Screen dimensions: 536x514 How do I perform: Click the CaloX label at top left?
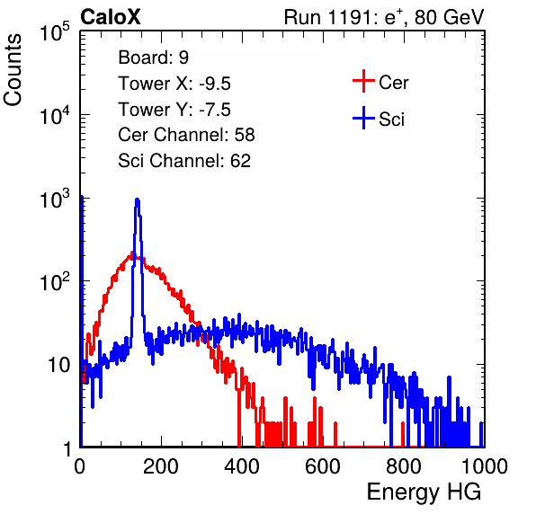tap(110, 17)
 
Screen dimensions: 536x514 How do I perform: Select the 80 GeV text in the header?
tap(449, 17)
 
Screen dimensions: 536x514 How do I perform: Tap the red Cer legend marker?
tap(363, 81)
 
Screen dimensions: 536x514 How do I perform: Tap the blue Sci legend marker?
tap(363, 118)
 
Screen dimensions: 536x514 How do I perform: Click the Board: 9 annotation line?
tap(153, 58)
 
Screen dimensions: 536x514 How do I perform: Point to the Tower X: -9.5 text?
tap(174, 84)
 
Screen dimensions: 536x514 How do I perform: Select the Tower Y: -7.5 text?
tap(174, 110)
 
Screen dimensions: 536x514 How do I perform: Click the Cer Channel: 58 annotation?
tap(186, 135)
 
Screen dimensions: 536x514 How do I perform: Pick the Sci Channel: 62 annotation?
tap(184, 161)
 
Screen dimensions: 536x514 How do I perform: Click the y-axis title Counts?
tap(13, 70)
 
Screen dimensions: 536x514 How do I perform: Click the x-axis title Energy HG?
tap(424, 492)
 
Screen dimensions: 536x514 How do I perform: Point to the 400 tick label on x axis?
tap(242, 466)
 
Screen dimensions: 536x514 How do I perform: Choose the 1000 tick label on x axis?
tap(485, 466)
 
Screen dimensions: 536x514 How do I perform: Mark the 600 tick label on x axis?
tap(323, 466)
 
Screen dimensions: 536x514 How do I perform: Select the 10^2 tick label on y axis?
tap(55, 281)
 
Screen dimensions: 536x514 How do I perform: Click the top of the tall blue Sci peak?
tap(137, 199)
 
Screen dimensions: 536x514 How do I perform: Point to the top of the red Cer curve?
tap(132, 253)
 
